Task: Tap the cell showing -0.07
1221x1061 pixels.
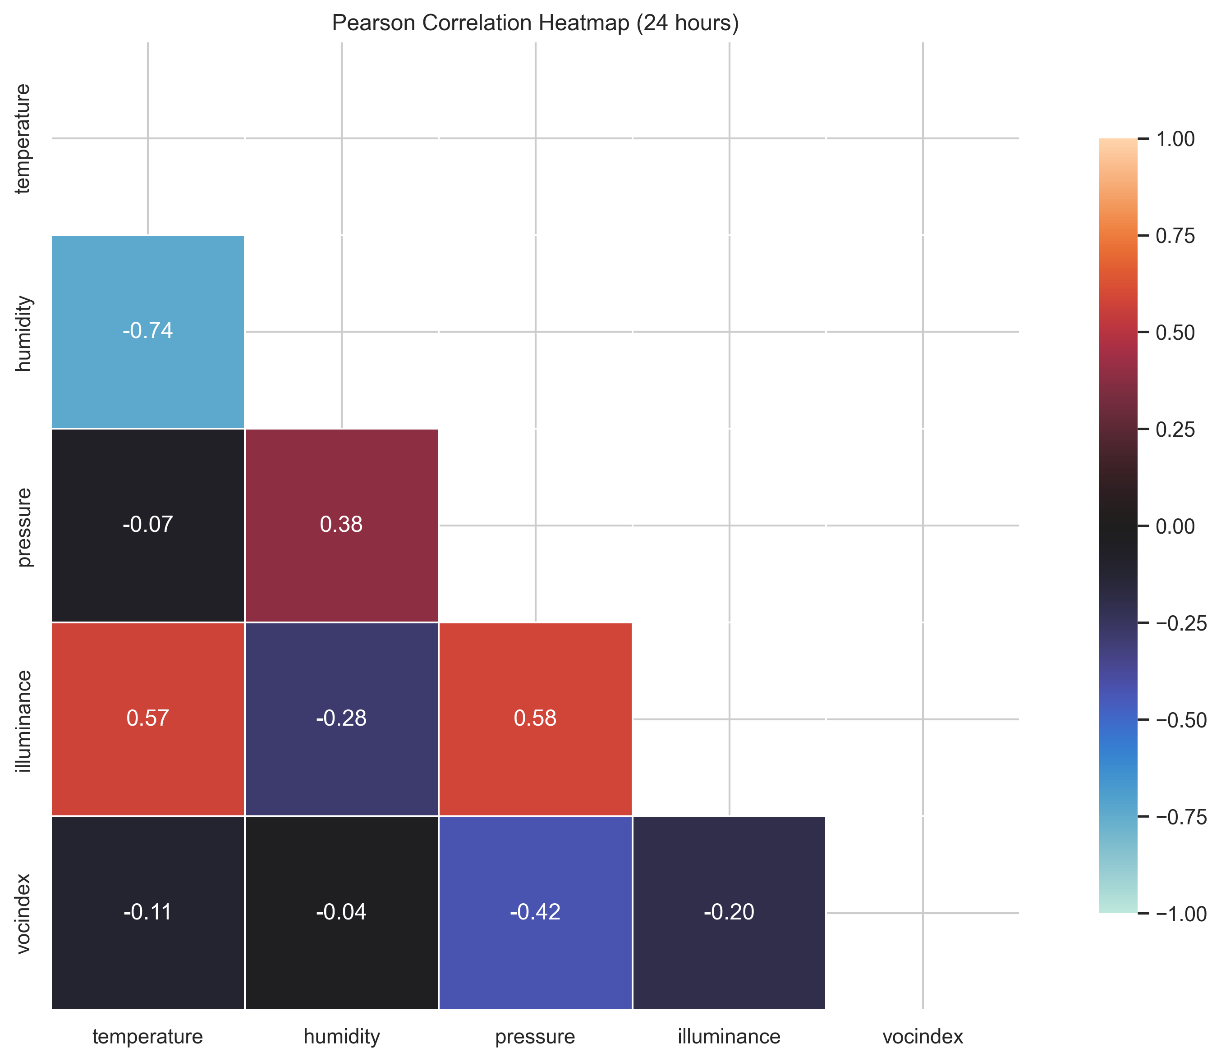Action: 147,525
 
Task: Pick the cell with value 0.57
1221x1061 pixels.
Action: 147,718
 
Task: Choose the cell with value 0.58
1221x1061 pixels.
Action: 535,718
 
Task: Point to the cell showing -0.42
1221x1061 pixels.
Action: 535,912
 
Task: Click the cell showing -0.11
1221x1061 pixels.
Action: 147,912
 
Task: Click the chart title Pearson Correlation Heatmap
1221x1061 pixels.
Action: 535,23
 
